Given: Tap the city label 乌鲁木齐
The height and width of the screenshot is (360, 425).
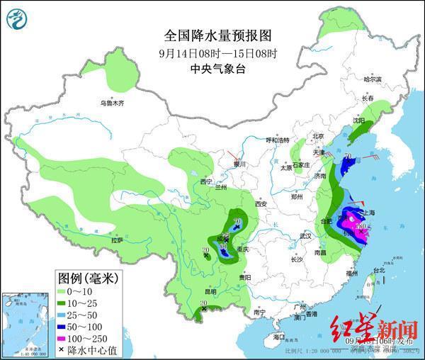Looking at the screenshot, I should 111,103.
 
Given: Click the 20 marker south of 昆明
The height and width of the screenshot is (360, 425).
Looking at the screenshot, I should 203,305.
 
